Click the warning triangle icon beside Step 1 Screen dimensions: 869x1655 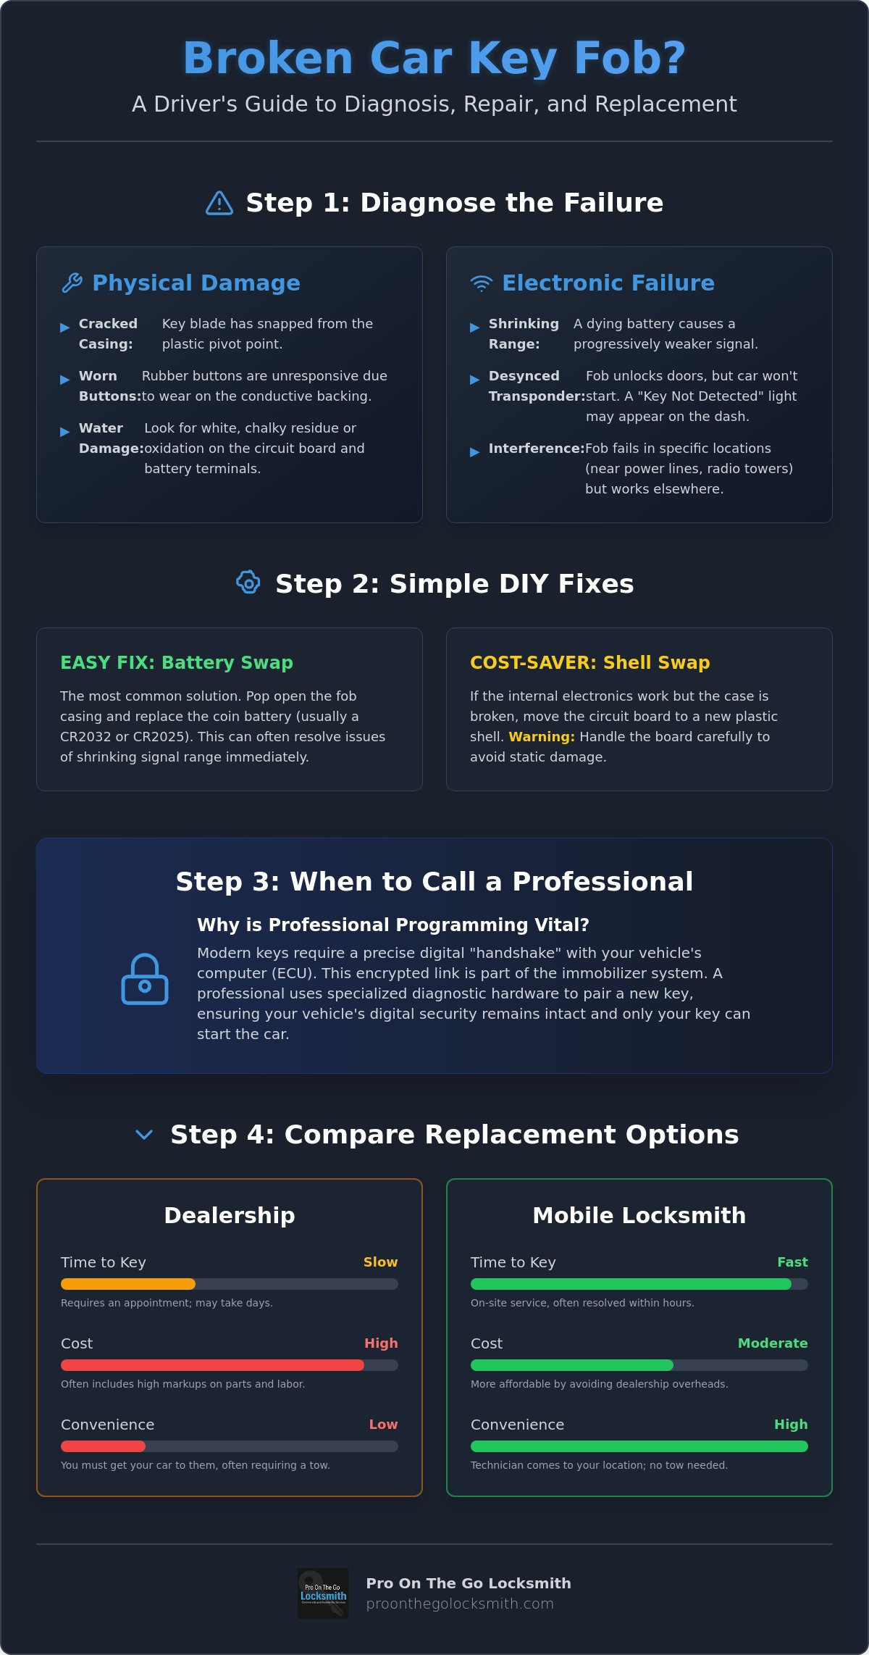coord(219,203)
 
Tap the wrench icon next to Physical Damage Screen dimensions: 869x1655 coord(72,283)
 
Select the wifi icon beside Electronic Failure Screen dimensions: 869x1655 coord(482,283)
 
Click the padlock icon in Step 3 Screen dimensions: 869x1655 coord(145,979)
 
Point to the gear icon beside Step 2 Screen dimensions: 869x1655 coord(248,583)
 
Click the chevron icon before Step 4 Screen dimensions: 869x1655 coord(144,1135)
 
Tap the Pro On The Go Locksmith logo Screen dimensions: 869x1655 coord(323,1593)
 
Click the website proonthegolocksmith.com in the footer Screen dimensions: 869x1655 coord(460,1604)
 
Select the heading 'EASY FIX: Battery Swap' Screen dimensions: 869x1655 coord(177,662)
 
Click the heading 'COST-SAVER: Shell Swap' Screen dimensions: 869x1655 coord(590,662)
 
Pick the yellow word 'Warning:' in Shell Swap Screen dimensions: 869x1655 coord(542,736)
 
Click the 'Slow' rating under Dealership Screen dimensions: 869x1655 coord(380,1262)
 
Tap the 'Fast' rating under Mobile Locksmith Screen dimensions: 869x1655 coord(792,1262)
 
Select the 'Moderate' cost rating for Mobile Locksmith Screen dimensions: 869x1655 coord(773,1343)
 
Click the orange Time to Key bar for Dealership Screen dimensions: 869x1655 coord(128,1284)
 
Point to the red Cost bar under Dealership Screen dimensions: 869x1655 coord(212,1365)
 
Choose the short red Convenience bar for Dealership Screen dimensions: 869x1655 coord(103,1446)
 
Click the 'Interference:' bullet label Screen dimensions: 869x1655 coord(537,449)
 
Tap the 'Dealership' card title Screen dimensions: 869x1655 coord(230,1215)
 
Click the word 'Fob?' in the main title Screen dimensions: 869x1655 coord(630,58)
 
